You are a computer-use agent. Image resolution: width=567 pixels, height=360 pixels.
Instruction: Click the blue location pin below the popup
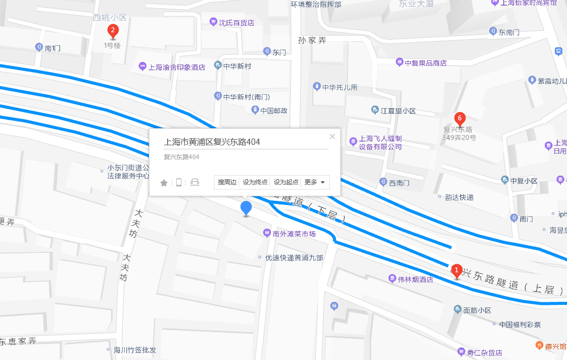(247, 209)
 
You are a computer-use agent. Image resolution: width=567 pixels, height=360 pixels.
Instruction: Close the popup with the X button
(332, 136)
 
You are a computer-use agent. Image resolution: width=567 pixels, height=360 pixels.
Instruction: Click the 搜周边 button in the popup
(227, 182)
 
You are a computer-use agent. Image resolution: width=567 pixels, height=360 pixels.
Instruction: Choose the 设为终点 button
(255, 182)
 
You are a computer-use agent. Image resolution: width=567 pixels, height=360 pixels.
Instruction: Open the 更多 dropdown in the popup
(315, 182)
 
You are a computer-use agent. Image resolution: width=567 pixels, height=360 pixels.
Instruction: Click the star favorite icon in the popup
(164, 183)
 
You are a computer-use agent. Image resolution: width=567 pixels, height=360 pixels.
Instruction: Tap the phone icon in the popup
(179, 182)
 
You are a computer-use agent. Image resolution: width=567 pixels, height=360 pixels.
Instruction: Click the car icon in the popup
(195, 182)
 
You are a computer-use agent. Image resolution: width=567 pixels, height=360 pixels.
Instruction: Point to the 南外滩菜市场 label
(294, 234)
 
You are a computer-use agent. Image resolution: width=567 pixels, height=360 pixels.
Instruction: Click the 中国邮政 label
(274, 110)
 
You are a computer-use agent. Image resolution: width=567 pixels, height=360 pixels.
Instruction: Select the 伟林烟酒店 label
(415, 279)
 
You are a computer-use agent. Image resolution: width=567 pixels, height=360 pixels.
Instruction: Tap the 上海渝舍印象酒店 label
(176, 67)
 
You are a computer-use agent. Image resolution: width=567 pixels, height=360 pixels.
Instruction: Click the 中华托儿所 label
(339, 87)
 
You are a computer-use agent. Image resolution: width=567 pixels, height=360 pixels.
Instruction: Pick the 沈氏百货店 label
(236, 23)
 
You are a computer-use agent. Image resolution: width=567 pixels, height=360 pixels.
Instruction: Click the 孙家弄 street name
(312, 40)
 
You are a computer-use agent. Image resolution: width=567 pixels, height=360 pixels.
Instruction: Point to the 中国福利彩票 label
(520, 324)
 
